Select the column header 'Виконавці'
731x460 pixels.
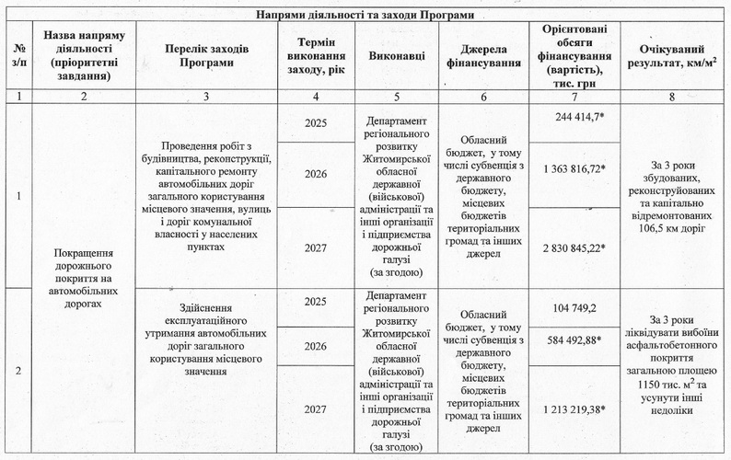[x=397, y=57]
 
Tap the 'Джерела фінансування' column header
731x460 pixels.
[x=485, y=57]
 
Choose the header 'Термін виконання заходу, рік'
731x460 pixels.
[x=316, y=57]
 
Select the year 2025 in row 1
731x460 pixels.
[x=315, y=122]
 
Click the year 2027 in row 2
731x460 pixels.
[x=315, y=408]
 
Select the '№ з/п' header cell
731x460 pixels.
[x=19, y=57]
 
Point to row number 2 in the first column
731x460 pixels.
[x=18, y=371]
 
